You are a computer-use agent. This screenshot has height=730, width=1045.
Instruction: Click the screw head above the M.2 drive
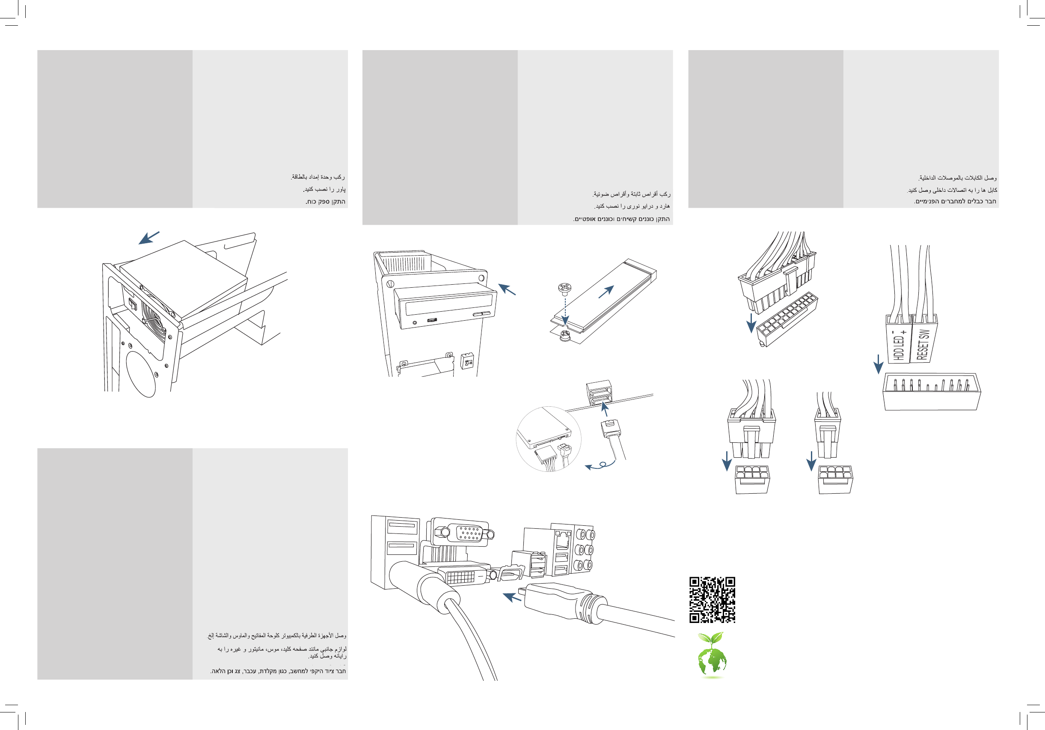coord(564,288)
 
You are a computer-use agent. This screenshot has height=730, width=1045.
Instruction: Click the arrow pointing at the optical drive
coord(507,289)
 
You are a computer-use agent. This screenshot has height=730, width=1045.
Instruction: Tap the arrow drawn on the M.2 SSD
coord(606,292)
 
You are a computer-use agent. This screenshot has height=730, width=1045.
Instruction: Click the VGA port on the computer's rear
coord(468,533)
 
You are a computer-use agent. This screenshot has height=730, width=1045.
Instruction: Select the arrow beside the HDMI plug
coord(512,596)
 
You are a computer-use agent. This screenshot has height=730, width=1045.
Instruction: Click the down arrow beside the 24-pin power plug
coord(751,323)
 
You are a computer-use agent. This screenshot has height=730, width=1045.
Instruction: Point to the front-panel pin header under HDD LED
coord(931,391)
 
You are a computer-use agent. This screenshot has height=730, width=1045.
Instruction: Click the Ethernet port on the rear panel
coord(564,540)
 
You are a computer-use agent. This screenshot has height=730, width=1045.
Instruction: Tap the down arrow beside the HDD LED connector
coord(879,364)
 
